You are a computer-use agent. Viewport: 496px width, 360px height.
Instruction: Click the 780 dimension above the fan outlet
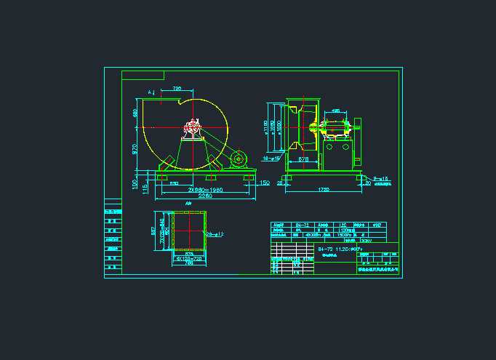pos(177,89)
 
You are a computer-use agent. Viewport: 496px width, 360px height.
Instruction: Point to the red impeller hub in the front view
pos(193,131)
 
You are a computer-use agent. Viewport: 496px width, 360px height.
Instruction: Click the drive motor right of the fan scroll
pos(238,159)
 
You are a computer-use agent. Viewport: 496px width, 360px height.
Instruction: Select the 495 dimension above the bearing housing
pos(335,111)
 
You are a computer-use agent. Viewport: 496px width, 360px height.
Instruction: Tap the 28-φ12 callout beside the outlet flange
pos(215,234)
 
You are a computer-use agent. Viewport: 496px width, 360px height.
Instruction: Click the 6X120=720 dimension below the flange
pos(188,258)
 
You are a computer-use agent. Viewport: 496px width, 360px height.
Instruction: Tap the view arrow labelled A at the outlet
pos(151,93)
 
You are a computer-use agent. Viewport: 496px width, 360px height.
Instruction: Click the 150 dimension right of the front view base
pos(265,183)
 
